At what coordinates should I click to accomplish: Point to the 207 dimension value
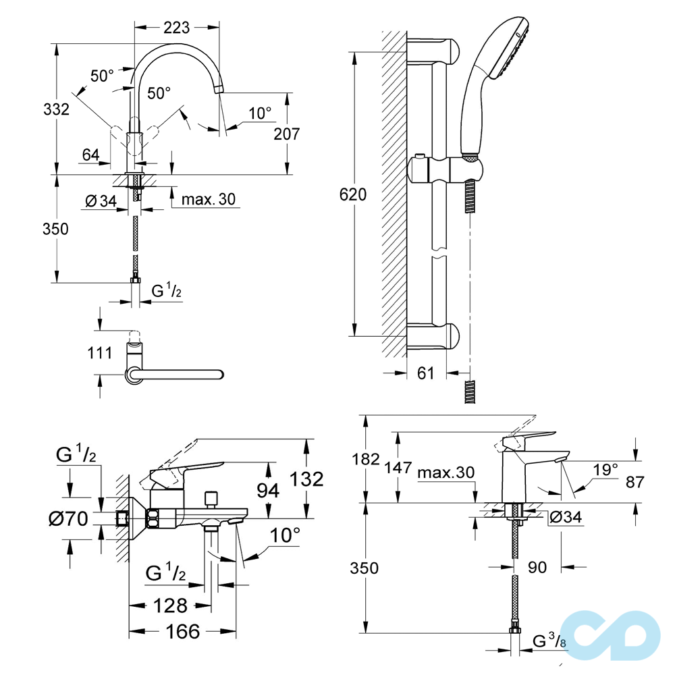pos(286,134)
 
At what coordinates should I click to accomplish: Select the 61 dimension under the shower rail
pos(425,373)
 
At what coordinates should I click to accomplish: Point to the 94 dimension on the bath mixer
pos(268,491)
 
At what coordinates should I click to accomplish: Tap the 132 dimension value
pos(306,479)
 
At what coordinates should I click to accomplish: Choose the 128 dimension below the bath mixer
pos(170,605)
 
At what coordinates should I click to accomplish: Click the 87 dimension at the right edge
pos(635,482)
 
